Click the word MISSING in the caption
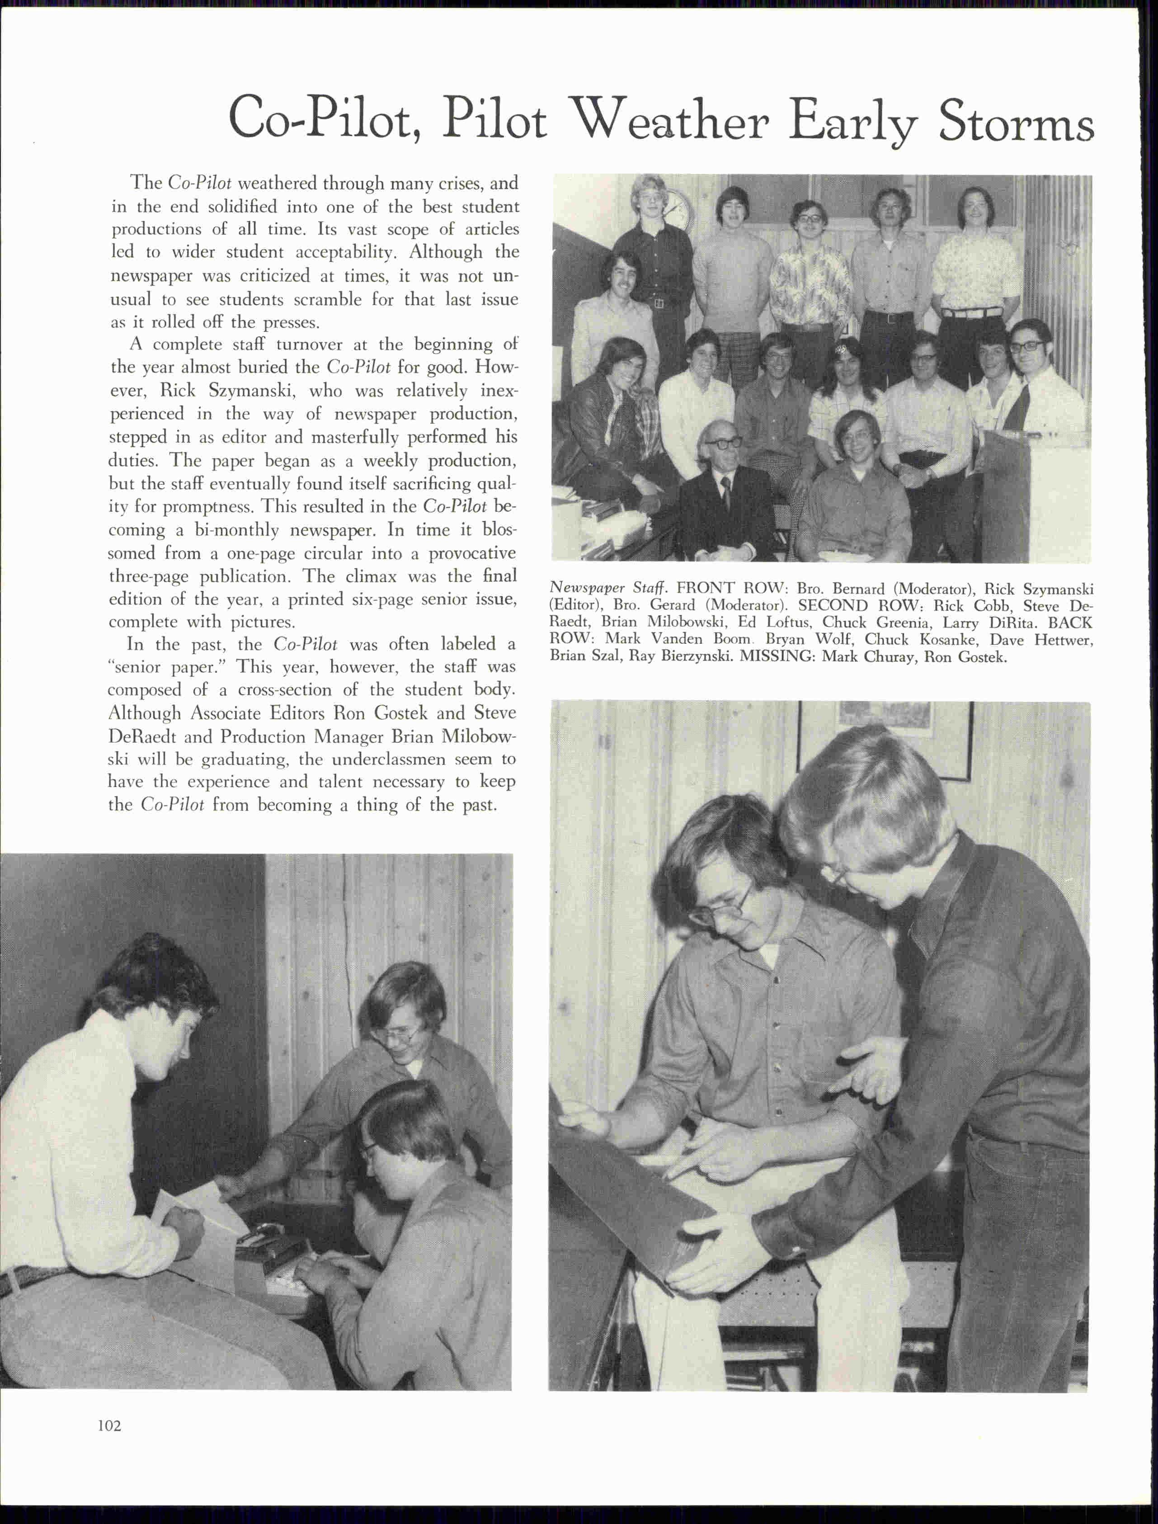click(777, 656)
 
